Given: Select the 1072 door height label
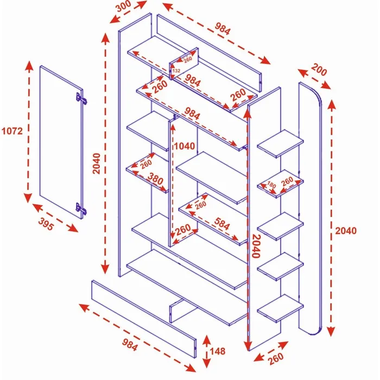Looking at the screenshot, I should pyautogui.click(x=12, y=131).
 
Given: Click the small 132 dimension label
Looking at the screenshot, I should pyautogui.click(x=176, y=71).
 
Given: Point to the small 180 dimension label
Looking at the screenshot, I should pyautogui.click(x=272, y=186).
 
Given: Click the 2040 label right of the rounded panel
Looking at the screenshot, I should pyautogui.click(x=345, y=231).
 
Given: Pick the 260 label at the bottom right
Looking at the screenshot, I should pyautogui.click(x=276, y=358).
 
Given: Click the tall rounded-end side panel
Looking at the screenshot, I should pyautogui.click(x=312, y=206).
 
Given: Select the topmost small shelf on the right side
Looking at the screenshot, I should pyautogui.click(x=280, y=144).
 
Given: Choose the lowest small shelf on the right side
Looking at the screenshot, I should pyautogui.click(x=280, y=308).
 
